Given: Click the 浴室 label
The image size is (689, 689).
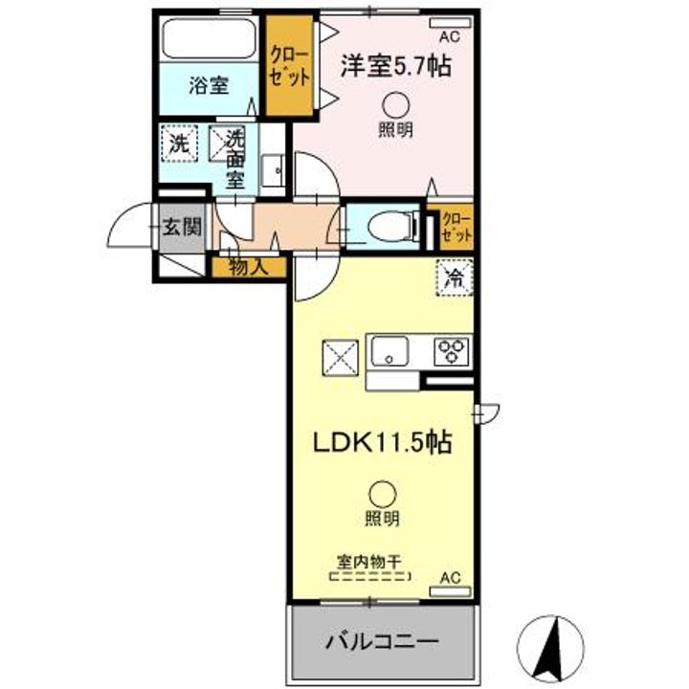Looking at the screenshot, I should click(208, 86).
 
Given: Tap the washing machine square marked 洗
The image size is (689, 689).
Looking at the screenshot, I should click(179, 144).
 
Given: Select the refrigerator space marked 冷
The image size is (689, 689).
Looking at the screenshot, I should click(455, 278).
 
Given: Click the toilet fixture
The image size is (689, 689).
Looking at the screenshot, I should click(389, 226).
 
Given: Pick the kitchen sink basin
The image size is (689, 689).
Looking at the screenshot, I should click(393, 350).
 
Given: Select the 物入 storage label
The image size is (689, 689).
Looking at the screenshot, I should click(248, 267).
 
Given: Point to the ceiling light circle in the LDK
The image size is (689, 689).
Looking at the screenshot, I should click(381, 494).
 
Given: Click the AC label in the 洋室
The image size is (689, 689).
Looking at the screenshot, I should click(449, 36).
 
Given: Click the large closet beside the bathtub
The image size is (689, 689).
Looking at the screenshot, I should click(288, 65).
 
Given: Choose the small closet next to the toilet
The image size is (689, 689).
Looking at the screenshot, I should click(455, 226).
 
